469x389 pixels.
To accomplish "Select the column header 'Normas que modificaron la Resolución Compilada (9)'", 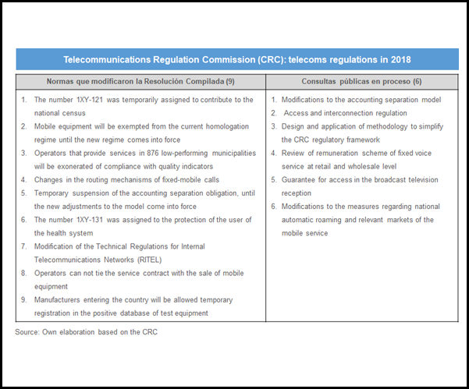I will pos(141,81).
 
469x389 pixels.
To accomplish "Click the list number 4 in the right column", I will pos(273,154).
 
